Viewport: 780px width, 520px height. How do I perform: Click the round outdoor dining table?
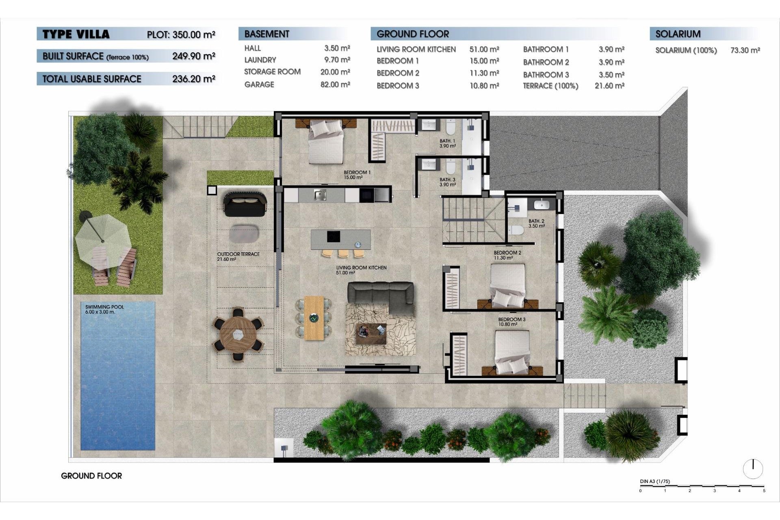(x=238, y=334)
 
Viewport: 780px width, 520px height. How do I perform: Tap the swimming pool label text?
(x=104, y=309)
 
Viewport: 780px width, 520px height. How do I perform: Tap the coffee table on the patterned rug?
(x=371, y=334)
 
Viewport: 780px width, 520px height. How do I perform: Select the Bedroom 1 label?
(x=357, y=175)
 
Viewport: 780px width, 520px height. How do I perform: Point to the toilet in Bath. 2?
(x=516, y=230)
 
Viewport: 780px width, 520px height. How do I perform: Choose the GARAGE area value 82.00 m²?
(x=335, y=84)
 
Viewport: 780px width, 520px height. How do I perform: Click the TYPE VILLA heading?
(x=76, y=34)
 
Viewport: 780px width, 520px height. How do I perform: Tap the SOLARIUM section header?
(x=678, y=34)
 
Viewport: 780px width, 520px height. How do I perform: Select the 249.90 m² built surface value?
(x=193, y=56)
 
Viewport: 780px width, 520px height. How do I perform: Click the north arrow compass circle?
(x=753, y=469)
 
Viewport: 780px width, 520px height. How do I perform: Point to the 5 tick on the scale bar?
(x=764, y=490)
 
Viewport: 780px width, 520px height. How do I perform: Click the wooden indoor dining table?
(x=314, y=318)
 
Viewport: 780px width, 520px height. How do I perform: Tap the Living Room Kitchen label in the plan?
(x=361, y=270)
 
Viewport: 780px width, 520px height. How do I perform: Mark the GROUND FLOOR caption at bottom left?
(x=91, y=476)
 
